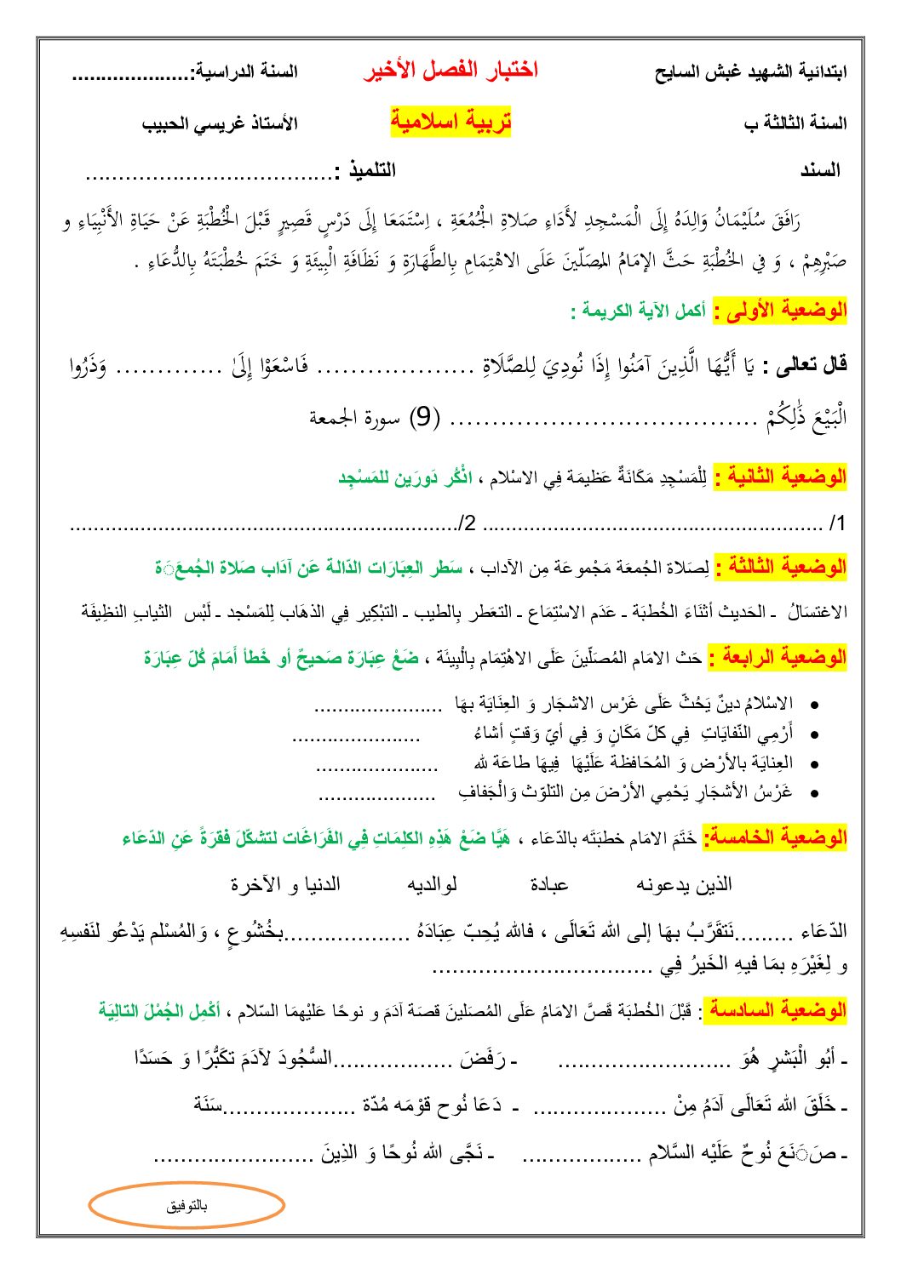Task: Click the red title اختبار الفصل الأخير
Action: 450,71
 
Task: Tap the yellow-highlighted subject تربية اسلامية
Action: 450,122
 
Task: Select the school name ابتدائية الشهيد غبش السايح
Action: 750,72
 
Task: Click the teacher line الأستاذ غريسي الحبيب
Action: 220,123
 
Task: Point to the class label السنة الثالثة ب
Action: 795,123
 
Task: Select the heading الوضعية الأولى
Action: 780,311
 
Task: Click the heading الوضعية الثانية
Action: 780,477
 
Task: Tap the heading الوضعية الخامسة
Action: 775,837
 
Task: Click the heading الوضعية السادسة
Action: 778,1011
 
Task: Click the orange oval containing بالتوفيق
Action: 187,1205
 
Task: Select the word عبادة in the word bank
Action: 548,885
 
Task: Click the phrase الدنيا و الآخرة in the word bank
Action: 285,885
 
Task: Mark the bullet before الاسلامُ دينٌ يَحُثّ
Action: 815,705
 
